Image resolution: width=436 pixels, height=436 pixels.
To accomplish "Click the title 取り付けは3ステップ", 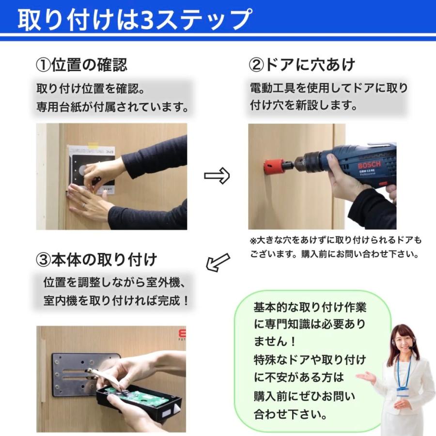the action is (135, 19).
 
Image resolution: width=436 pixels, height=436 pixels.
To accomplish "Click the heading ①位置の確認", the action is (82, 65).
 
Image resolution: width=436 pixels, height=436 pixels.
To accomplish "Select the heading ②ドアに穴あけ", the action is (302, 65).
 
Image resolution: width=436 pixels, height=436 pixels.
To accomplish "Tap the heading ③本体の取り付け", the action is (96, 260).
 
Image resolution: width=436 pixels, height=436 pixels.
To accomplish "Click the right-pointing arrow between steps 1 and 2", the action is (217, 176).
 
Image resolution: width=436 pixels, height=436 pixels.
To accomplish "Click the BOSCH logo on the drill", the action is (369, 165).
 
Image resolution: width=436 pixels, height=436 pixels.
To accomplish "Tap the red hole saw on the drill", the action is (273, 166).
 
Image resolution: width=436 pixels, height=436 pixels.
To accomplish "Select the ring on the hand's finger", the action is (83, 205).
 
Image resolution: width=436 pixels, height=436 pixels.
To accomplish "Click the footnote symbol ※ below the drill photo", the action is (253, 240).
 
